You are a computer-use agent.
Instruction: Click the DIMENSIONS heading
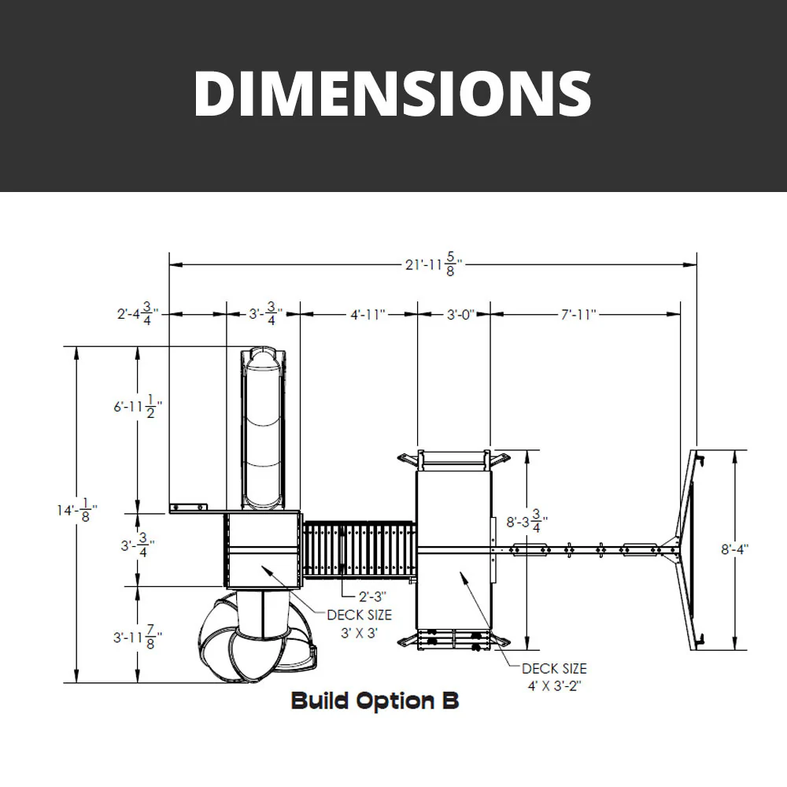[x=393, y=93]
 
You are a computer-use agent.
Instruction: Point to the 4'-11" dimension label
[x=368, y=315]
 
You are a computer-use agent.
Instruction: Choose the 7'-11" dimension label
[x=578, y=315]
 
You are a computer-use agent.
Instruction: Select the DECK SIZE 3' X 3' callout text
[x=359, y=623]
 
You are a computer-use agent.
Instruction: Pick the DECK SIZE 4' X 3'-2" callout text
[x=554, y=677]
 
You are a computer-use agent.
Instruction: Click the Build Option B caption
[x=375, y=700]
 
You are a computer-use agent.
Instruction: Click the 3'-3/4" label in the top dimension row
[x=264, y=314]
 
